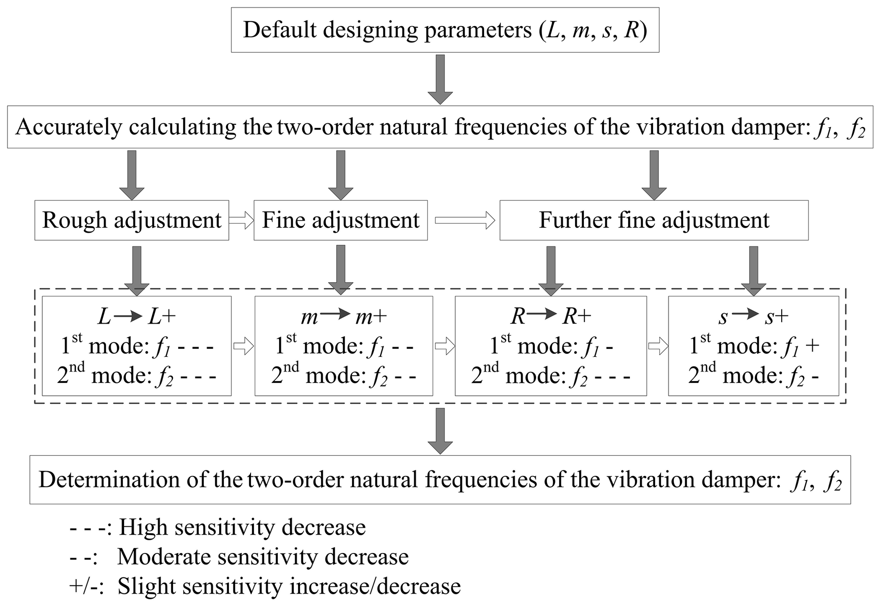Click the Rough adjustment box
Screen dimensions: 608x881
point(132,220)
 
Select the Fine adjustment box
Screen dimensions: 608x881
point(341,220)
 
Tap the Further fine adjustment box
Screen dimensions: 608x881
point(654,220)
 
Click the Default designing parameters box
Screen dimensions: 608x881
point(445,30)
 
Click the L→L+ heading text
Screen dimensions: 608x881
point(137,317)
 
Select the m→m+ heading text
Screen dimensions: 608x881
point(344,317)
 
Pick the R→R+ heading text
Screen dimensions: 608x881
point(551,317)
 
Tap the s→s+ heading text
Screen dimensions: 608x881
point(753,317)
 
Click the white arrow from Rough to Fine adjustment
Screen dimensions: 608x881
point(241,220)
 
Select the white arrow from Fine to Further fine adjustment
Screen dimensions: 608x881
point(464,220)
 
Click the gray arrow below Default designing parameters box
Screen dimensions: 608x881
point(440,80)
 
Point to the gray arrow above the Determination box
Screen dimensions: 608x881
point(440,431)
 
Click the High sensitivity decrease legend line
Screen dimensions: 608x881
point(218,527)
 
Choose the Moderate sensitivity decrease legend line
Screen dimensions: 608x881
point(239,557)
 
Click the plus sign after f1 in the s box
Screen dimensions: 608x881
point(812,346)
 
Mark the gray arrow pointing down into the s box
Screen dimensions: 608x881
point(753,271)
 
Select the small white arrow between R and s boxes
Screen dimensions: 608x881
point(658,346)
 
